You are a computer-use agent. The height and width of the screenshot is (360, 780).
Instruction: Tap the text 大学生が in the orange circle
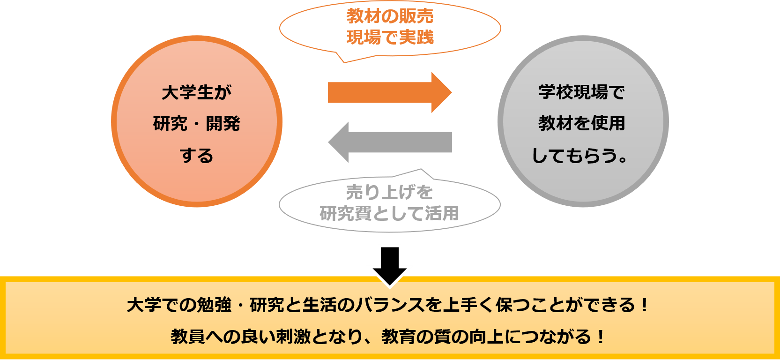[x=197, y=92]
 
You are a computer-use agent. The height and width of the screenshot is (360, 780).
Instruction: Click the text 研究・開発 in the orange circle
[x=197, y=124]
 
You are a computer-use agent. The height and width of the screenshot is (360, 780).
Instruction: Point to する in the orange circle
[x=197, y=155]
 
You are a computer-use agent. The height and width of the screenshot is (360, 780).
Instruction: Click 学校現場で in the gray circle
[x=582, y=92]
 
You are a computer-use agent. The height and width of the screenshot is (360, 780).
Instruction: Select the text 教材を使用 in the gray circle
[x=582, y=123]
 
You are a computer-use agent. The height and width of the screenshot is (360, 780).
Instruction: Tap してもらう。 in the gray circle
[x=580, y=155]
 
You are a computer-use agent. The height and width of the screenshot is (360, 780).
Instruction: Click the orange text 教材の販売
[x=390, y=16]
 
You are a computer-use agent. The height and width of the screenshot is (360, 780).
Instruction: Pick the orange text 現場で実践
[x=390, y=37]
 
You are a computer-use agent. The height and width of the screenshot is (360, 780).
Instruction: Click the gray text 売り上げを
[x=390, y=192]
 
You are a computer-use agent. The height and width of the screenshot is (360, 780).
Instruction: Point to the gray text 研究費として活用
[x=389, y=214]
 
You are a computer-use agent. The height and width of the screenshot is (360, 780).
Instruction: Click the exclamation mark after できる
[x=645, y=305]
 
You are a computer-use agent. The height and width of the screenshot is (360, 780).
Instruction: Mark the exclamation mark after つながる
[x=601, y=337]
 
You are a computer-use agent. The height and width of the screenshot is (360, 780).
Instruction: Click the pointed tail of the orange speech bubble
[x=344, y=61]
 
